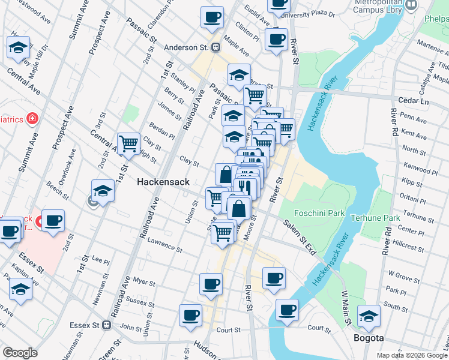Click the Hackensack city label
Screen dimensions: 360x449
[x=163, y=182]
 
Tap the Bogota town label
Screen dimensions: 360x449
[x=369, y=338]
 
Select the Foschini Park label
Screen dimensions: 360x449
[x=319, y=212]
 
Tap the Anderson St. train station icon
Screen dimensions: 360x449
[x=214, y=47]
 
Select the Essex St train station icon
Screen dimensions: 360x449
[x=107, y=325]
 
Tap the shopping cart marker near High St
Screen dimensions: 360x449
[x=128, y=143]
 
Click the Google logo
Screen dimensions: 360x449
[x=20, y=353]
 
